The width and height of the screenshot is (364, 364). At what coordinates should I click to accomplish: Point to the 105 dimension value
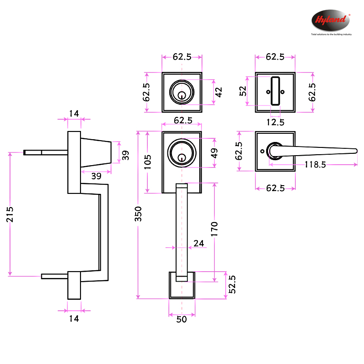coord(148,162)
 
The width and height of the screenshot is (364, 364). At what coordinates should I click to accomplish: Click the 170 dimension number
coord(215,229)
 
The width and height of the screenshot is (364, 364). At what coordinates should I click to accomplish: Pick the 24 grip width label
coord(199,243)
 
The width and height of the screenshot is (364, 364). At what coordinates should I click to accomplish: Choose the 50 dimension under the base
coord(182,319)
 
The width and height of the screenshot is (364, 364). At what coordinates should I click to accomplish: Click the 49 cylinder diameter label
coord(214,152)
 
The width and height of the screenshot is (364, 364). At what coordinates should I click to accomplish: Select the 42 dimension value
coord(218,92)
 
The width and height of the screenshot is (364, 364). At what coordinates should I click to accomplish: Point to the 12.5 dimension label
coord(275,122)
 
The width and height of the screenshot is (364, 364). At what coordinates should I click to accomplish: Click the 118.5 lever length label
coord(315,165)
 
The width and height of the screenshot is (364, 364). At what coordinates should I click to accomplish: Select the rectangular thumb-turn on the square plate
coord(275,91)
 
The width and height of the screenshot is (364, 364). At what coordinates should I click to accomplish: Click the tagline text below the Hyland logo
coord(331,34)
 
